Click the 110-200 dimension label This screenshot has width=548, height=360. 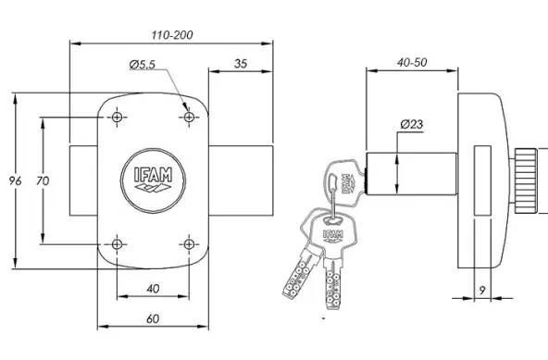coord(172,35)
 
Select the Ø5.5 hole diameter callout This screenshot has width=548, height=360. coord(142,64)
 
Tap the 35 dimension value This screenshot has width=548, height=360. coord(241,64)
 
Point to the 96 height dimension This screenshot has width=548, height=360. coord(15,180)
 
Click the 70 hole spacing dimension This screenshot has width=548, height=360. coord(43,180)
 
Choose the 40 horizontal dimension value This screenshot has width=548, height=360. coord(153,289)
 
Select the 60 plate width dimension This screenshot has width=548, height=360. coord(153,318)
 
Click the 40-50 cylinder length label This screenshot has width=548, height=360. coord(412,62)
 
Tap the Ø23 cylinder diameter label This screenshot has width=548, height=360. coord(412,124)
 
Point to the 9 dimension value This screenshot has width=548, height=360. coord(482,290)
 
